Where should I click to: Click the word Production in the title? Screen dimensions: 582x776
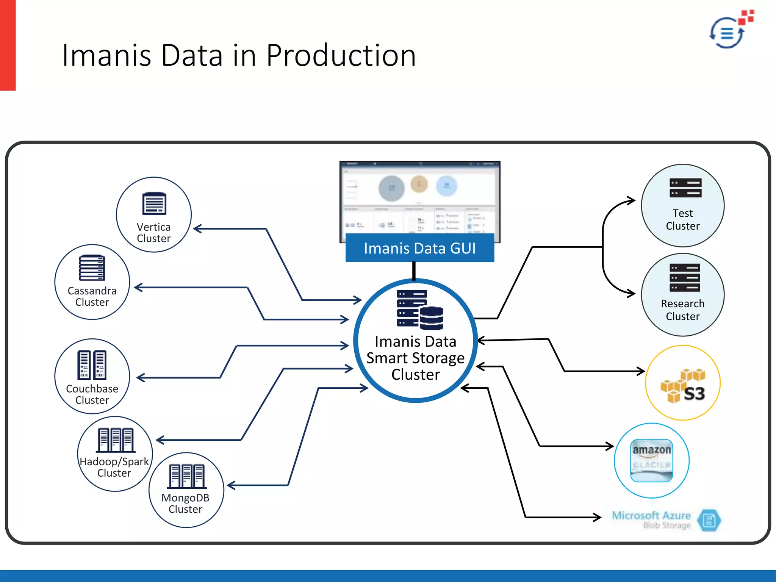(x=341, y=56)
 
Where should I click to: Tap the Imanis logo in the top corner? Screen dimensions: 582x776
(x=731, y=30)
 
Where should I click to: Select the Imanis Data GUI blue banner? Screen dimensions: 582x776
(x=419, y=248)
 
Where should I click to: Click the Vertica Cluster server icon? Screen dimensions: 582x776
(x=154, y=203)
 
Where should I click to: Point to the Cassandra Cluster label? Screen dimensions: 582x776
(x=92, y=296)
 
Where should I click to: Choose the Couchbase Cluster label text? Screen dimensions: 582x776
(x=92, y=394)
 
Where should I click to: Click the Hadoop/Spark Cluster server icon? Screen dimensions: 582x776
(x=116, y=440)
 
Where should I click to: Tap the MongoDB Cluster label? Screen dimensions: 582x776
(x=185, y=504)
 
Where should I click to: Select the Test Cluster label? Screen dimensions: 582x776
(x=682, y=219)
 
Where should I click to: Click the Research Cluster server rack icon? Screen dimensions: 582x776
(x=685, y=278)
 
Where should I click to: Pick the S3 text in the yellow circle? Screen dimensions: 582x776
(x=694, y=394)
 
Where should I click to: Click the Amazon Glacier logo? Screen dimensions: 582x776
(x=651, y=460)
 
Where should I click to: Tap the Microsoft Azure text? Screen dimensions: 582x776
(x=651, y=516)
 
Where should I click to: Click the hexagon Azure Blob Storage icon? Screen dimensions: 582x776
(x=709, y=520)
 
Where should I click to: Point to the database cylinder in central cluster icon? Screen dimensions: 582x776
(x=432, y=318)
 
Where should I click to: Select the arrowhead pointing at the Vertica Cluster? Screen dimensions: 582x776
(x=197, y=228)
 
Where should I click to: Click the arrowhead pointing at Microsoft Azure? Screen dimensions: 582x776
(x=598, y=517)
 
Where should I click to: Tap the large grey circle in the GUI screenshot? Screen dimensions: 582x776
(x=391, y=188)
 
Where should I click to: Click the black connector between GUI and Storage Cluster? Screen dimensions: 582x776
(x=414, y=271)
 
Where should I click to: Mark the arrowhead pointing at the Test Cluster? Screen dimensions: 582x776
(x=632, y=200)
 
